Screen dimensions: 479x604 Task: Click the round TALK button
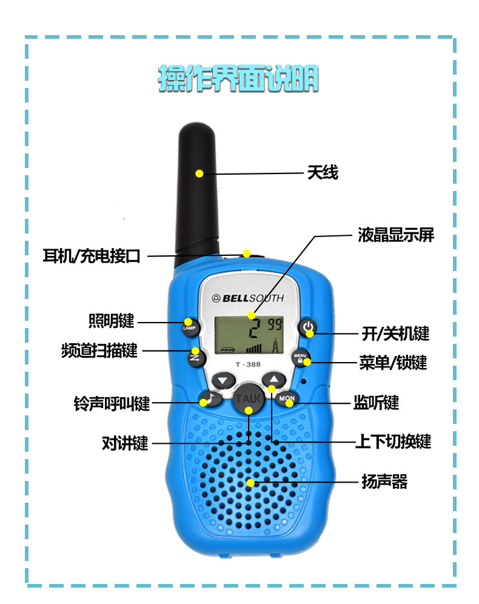[x=248, y=400]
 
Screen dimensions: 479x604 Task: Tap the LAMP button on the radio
[x=187, y=326]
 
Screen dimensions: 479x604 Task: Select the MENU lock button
[x=301, y=358]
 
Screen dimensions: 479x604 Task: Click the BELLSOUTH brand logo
[x=247, y=298]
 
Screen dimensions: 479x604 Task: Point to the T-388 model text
[x=247, y=364]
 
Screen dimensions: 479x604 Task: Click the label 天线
[x=322, y=173]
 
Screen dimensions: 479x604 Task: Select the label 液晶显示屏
[x=395, y=235]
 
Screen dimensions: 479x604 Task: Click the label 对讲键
[x=125, y=443]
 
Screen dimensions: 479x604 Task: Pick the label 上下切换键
[x=393, y=441]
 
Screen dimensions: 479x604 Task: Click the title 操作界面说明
[x=238, y=79]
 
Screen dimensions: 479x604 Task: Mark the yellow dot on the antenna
[x=199, y=174]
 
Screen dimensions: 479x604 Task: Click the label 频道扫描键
[x=99, y=351]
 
